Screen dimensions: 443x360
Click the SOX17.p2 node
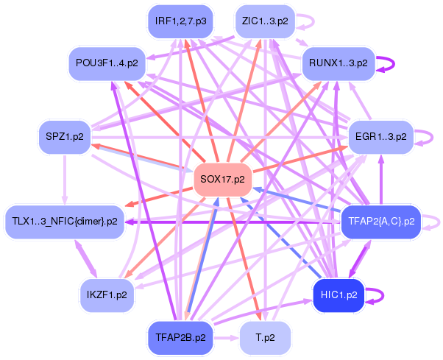223,179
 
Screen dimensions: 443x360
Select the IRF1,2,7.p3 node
180,21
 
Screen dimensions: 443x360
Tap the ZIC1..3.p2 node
265,21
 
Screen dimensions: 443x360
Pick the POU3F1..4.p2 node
107,63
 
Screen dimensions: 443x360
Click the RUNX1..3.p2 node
339,63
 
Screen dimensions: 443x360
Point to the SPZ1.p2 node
65,137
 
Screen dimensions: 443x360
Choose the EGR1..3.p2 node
381,137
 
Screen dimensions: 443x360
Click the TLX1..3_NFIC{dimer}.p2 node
65,222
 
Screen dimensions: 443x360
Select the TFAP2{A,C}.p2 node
381,222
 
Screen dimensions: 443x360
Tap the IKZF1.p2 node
107,295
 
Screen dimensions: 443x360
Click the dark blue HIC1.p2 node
339,295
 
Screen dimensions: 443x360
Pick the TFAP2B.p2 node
180,338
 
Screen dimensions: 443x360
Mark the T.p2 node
265,338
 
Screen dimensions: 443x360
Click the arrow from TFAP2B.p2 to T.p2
227,338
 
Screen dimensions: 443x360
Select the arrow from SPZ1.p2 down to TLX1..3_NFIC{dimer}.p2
65,180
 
